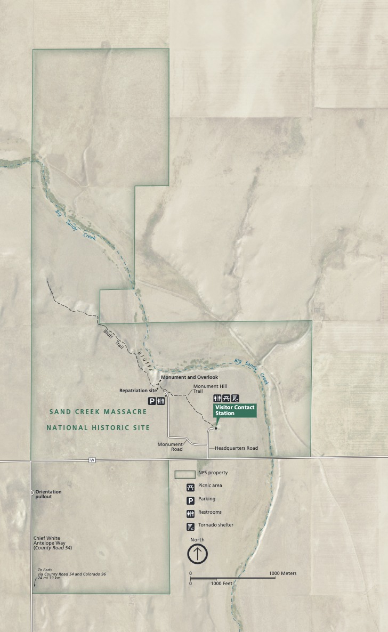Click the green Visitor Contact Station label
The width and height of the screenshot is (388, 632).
[235, 410]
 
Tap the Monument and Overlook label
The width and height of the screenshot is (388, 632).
[189, 377]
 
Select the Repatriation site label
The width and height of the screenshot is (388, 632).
[138, 391]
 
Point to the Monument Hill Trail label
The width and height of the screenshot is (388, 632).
[206, 388]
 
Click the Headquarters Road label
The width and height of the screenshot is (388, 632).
[236, 448]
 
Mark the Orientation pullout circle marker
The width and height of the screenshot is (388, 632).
[32, 492]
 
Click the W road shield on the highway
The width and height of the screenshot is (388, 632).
[92, 460]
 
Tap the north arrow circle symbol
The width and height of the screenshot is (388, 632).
[197, 554]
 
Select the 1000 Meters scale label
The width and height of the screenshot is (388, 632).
[282, 573]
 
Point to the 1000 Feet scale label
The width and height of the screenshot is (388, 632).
[222, 584]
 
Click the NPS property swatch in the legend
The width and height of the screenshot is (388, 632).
[185, 474]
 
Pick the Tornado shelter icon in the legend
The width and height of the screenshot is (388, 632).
[190, 526]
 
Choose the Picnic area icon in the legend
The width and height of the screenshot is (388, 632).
[190, 487]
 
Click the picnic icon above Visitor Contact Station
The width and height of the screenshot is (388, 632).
[226, 398]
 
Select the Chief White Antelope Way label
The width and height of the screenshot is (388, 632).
[52, 543]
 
